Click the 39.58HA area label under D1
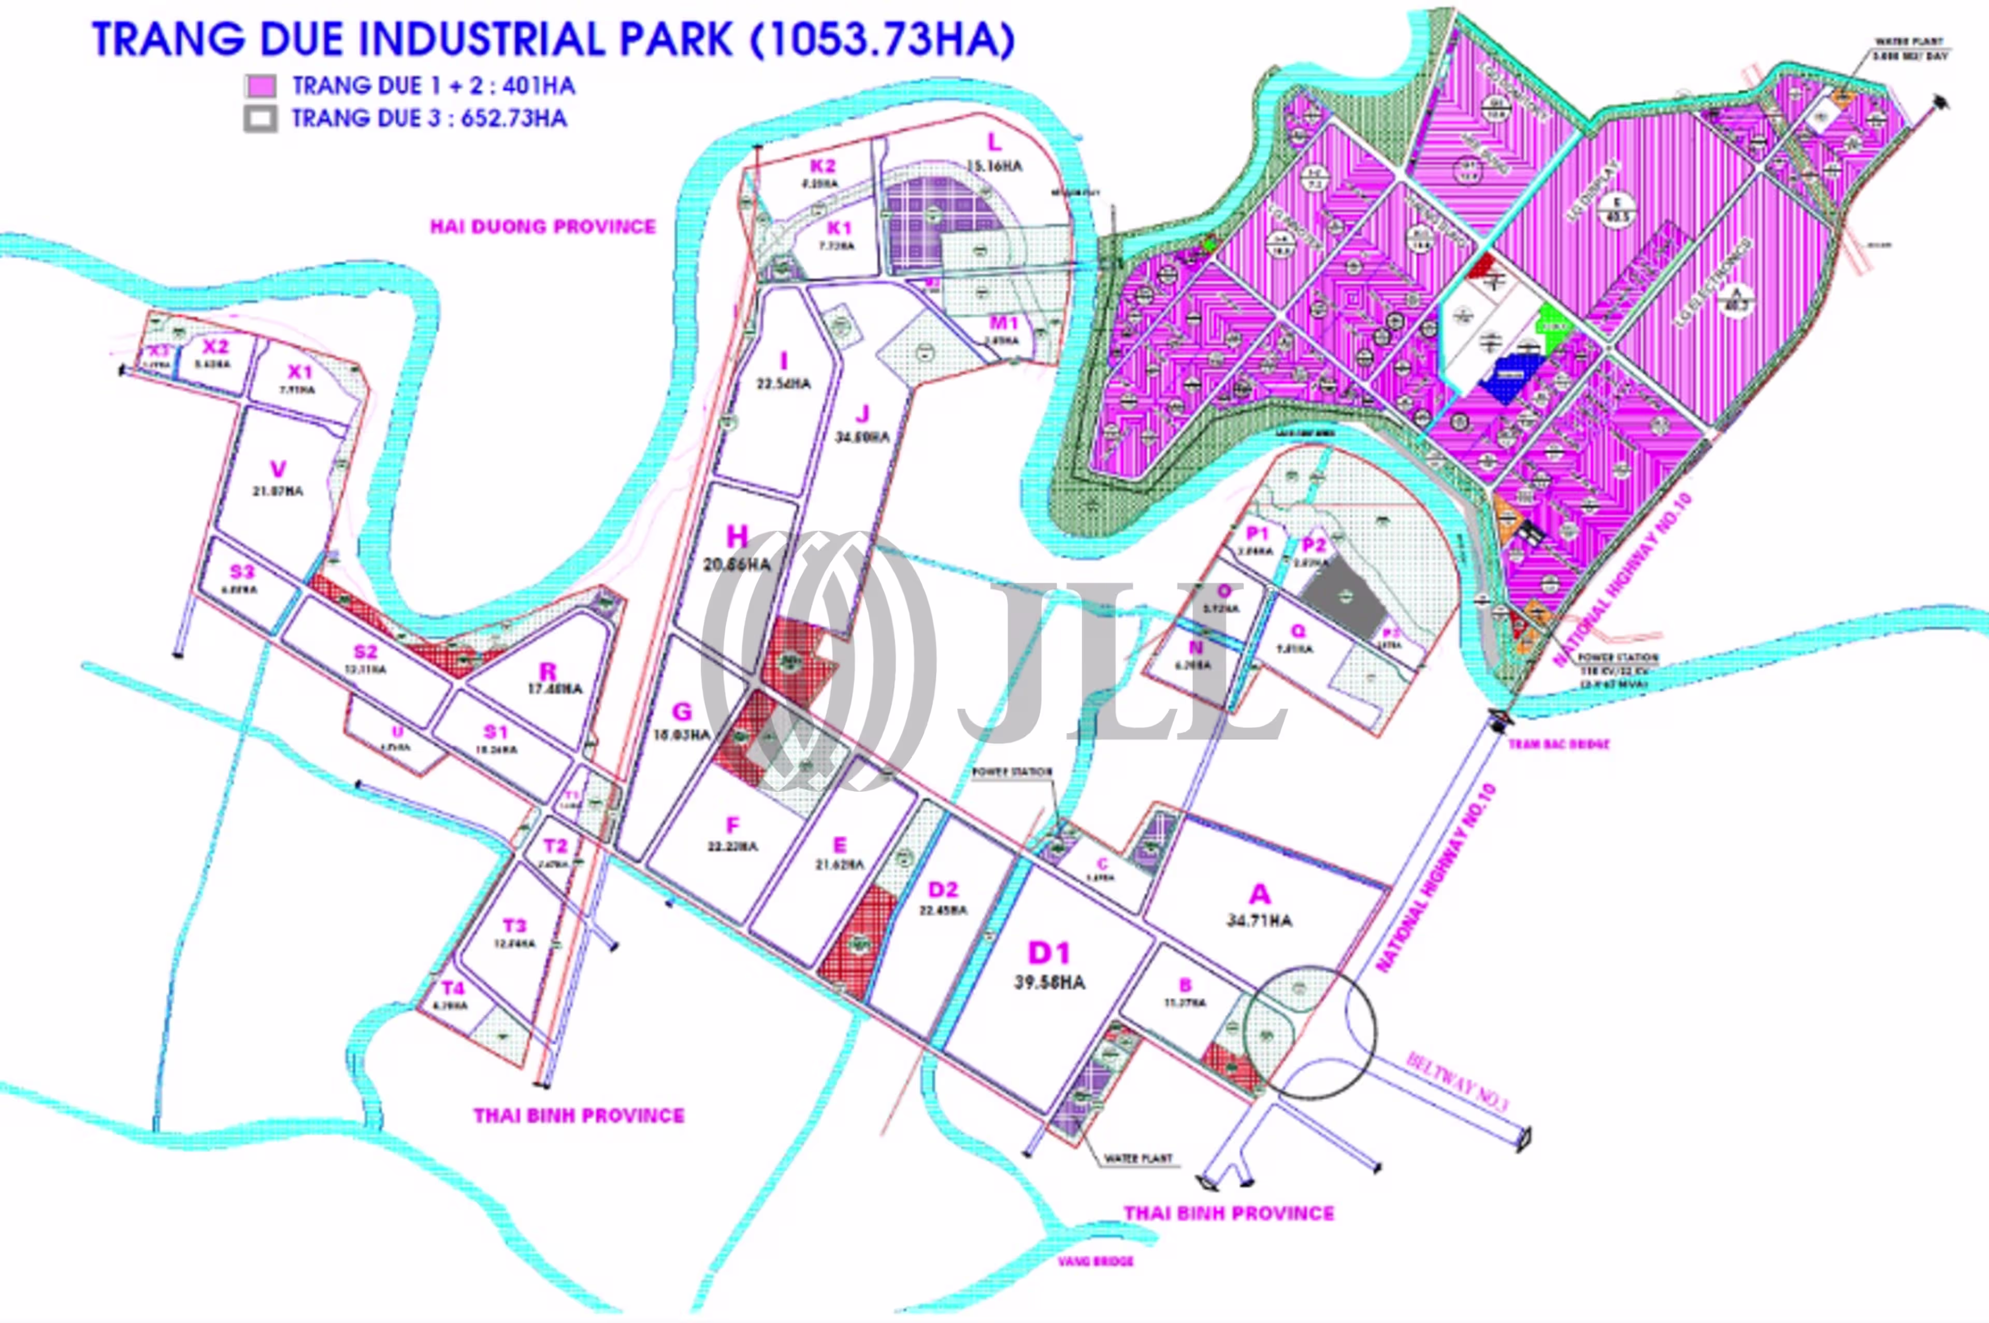1049,982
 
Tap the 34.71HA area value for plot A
1259,920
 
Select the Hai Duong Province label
543,226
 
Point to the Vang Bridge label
1096,1261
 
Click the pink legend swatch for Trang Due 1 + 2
260,86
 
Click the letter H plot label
737,536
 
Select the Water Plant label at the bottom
1138,1158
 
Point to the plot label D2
943,889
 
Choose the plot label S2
365,651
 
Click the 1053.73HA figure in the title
882,40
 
